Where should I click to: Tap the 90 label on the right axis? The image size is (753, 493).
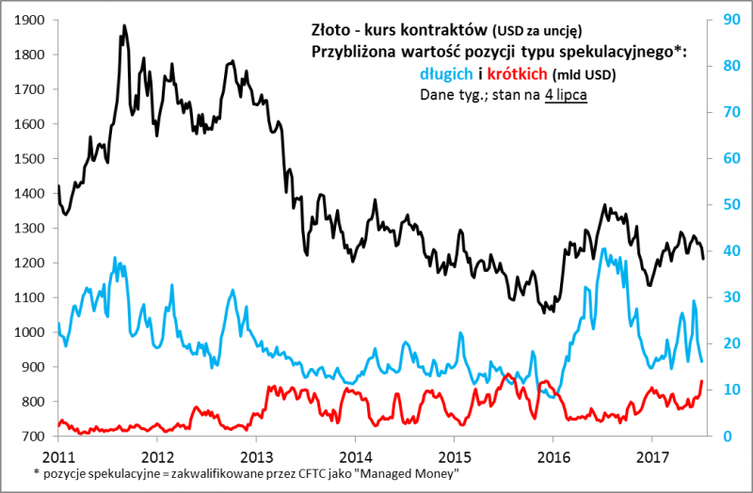click(729, 20)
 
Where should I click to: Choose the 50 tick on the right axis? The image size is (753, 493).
click(729, 205)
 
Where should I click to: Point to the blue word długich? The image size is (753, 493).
click(449, 73)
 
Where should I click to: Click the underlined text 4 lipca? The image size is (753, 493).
click(566, 94)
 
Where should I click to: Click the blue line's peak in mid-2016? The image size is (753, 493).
click(603, 249)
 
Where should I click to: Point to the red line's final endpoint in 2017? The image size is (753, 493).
click(702, 381)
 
